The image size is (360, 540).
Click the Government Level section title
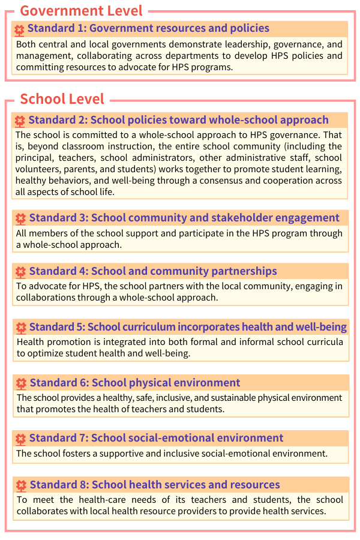point(81,10)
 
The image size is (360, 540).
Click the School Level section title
point(62,99)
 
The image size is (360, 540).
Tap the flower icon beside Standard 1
point(20,29)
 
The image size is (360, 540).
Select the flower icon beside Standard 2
point(20,121)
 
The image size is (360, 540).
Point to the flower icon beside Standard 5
point(21,328)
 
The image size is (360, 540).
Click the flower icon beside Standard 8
point(21,485)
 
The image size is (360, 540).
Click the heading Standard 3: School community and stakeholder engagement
point(184,218)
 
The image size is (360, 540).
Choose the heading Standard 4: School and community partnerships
point(153,271)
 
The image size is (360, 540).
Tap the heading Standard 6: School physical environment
point(135,383)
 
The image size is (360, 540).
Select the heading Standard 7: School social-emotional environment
point(156,438)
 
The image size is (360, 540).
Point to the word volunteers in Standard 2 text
point(38,169)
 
